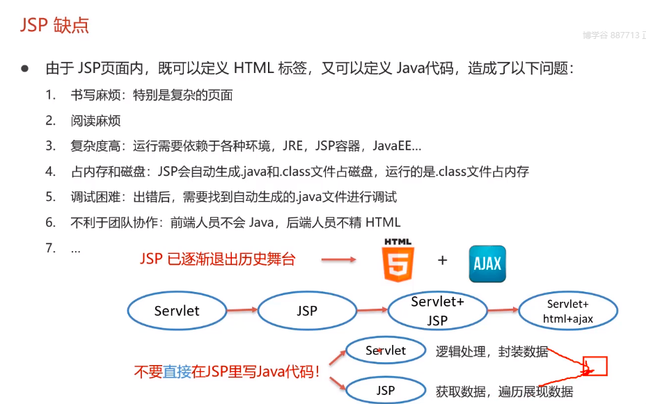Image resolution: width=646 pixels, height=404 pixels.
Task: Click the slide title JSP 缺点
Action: (54, 26)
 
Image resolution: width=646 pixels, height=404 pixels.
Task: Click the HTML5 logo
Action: (397, 261)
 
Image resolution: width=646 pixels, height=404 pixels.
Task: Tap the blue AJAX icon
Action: (487, 264)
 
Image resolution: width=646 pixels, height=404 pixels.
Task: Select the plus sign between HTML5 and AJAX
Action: (442, 261)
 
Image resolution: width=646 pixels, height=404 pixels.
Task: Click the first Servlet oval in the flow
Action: (177, 311)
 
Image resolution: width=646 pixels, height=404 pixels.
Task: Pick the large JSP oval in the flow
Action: (307, 311)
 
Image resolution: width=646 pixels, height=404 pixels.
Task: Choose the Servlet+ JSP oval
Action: (437, 311)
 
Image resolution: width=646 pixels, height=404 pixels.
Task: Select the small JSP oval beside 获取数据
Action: (386, 390)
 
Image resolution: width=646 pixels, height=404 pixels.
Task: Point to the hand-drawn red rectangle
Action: (596, 366)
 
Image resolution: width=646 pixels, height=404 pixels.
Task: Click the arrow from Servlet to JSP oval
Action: (242, 311)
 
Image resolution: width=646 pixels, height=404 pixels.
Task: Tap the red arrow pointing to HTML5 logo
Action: (338, 261)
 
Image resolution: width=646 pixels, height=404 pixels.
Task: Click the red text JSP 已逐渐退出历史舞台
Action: (218, 259)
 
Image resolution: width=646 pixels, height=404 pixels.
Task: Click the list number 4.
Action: (50, 171)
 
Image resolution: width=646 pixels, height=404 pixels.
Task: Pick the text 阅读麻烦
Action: (95, 120)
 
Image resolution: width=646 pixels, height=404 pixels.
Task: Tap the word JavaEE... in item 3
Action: (397, 146)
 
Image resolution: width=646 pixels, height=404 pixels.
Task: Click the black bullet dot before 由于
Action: (24, 69)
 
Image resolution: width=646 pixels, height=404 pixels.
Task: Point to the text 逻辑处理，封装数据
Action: (492, 352)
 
